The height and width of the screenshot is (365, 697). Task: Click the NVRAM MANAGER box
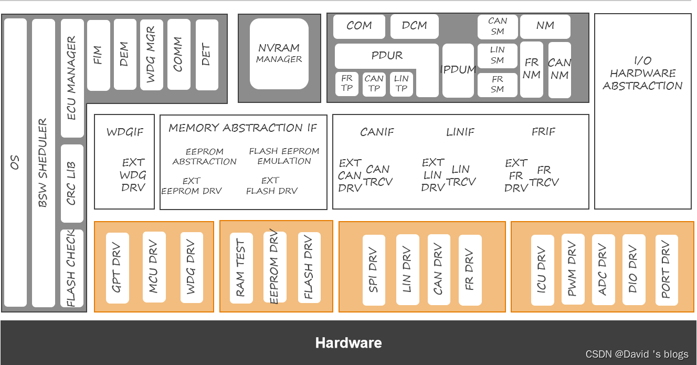tap(279, 54)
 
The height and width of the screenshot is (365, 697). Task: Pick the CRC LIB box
tap(72, 183)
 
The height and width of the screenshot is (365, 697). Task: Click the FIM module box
tap(98, 55)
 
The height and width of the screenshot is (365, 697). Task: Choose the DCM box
tap(414, 26)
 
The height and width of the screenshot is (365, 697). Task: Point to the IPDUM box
tap(458, 70)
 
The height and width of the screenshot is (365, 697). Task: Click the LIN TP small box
tap(401, 84)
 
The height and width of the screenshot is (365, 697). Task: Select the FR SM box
tap(498, 84)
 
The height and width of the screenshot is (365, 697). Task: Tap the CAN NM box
tap(559, 70)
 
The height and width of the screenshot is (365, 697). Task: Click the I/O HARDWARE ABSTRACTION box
tap(642, 74)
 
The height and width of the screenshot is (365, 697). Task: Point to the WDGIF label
tap(124, 132)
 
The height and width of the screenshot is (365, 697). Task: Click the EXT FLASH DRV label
tap(271, 186)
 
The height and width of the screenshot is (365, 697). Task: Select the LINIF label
tap(460, 132)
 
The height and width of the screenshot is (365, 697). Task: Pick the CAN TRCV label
tap(378, 175)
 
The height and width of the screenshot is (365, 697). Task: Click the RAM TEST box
tap(241, 268)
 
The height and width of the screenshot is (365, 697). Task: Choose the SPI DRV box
tap(374, 270)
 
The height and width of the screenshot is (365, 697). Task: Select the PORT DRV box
tap(666, 270)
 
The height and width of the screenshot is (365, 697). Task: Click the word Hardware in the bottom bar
tap(348, 343)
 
